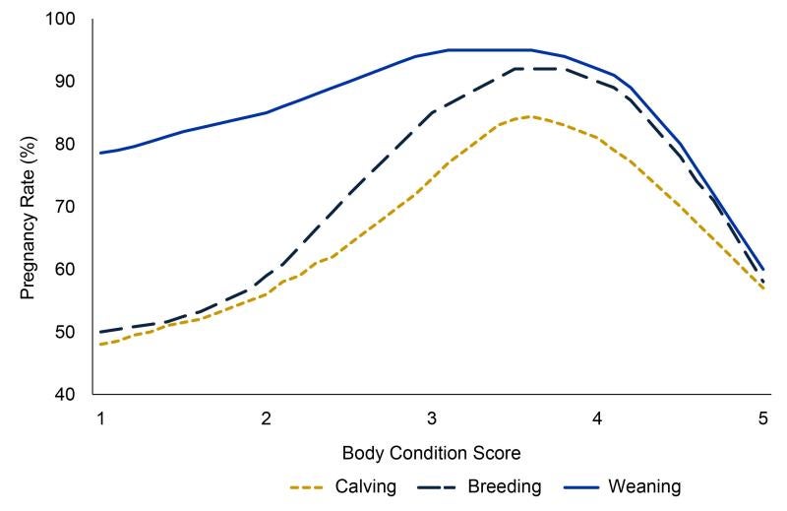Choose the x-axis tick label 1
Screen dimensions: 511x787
[x=100, y=417]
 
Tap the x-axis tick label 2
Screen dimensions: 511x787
[x=266, y=417]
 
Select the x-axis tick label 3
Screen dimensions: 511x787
[x=431, y=417]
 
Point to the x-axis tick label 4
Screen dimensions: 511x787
[x=597, y=417]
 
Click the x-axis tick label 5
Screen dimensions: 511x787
[x=762, y=417]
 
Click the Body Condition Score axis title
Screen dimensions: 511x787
[x=431, y=454]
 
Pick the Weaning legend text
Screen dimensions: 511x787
[x=644, y=485]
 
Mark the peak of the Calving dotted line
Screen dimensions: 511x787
[x=530, y=116]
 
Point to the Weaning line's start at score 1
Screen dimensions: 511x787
[x=100, y=153]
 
